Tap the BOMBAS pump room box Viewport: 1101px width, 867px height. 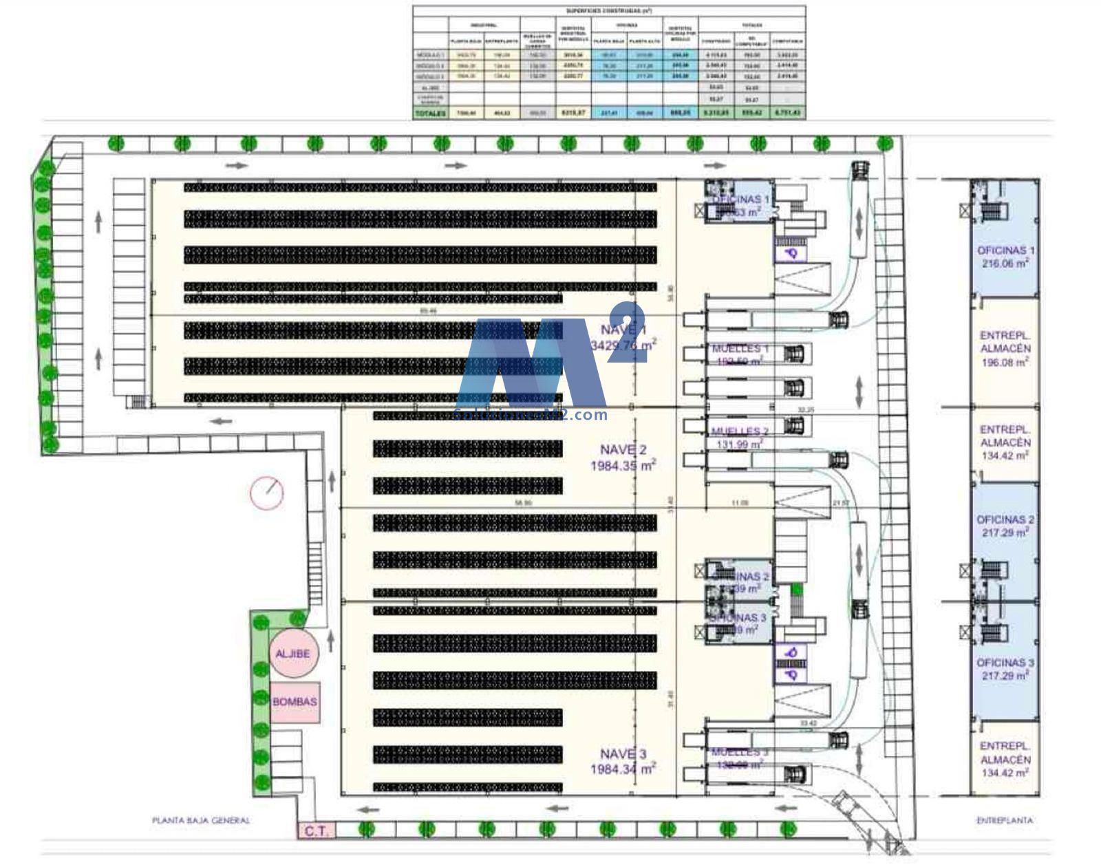[x=295, y=702]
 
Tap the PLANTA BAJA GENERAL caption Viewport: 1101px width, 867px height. [x=200, y=820]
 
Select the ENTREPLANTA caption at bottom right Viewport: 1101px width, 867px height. [x=1005, y=820]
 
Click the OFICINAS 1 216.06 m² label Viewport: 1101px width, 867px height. [x=1005, y=257]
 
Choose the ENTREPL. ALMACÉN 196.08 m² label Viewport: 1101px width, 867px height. [x=1005, y=348]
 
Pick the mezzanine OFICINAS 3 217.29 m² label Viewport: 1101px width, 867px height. [x=1005, y=669]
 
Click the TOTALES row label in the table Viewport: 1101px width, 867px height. [x=430, y=113]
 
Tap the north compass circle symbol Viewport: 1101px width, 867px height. [x=266, y=493]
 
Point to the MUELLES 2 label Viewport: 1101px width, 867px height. [x=740, y=432]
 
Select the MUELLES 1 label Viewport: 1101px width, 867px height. [x=740, y=349]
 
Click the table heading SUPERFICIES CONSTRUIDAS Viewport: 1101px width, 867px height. [x=609, y=11]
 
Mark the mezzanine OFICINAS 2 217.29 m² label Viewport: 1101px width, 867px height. [x=1005, y=526]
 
